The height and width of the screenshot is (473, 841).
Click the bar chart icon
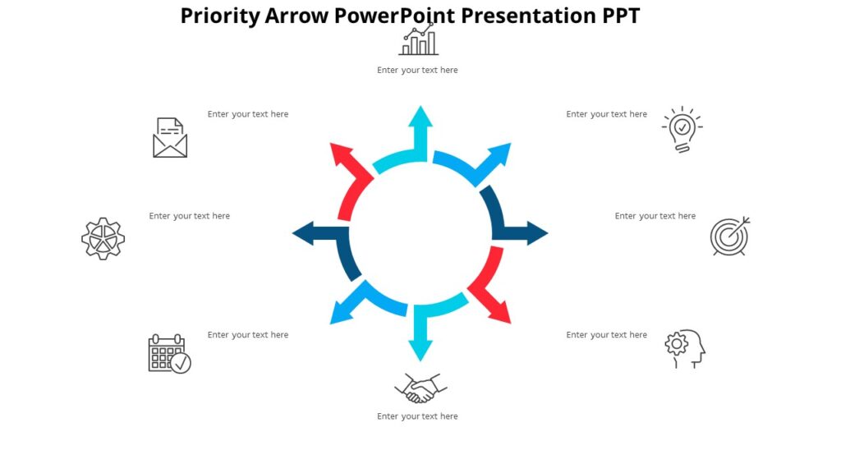coord(419,40)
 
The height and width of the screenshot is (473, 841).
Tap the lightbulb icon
coord(682,129)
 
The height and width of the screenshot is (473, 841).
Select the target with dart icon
coord(729,236)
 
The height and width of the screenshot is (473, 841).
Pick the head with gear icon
coord(685,348)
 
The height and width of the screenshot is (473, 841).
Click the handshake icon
coord(420,388)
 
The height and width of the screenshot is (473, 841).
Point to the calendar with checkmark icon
coord(169,354)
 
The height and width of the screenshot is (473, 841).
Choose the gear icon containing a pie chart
coord(103,238)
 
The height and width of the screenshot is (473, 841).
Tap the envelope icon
coord(170,138)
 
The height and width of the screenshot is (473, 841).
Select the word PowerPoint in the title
coord(394,16)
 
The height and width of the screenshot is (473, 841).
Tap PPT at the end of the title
coord(616,16)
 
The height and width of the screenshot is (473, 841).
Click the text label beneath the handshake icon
coord(417,416)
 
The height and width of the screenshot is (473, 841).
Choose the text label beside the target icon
coord(655,216)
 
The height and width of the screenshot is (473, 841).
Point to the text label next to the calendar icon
coord(248,335)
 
